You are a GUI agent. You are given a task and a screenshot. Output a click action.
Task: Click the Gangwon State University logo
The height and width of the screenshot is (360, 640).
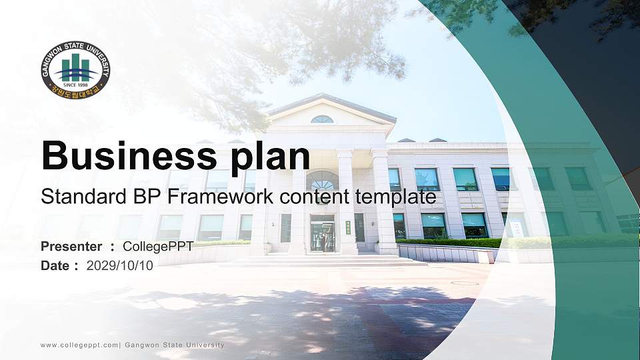[x=75, y=70]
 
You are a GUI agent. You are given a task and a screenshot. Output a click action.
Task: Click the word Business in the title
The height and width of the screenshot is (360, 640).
[x=129, y=155]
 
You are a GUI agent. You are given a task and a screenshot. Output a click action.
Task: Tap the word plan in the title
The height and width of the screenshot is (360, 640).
[x=271, y=158]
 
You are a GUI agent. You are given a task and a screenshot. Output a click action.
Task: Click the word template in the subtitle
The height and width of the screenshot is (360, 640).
[x=395, y=197]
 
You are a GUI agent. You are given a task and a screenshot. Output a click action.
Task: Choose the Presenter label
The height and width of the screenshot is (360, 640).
[x=71, y=247]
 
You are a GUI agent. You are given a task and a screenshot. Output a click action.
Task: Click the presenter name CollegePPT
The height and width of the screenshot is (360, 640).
[x=158, y=247]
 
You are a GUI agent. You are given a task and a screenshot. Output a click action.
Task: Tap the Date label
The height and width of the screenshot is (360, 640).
[x=55, y=266]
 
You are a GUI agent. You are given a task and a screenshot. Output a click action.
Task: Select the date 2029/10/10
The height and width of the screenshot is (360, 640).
[x=119, y=266]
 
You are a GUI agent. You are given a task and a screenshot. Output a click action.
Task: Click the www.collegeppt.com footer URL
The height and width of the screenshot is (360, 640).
[x=79, y=345]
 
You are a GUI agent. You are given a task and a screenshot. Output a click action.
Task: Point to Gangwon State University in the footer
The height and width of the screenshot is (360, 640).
[x=174, y=345]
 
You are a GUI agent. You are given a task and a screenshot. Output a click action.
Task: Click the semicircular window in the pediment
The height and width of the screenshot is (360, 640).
[x=322, y=119]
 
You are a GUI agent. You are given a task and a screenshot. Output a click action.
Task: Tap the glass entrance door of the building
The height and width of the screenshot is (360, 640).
[x=323, y=234]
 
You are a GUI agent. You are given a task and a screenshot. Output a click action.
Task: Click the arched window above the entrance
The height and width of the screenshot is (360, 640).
[x=323, y=180]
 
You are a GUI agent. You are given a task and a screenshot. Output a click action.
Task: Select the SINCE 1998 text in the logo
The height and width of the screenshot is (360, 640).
[x=75, y=85]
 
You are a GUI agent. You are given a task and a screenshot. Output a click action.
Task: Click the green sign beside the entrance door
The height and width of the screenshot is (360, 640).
[x=348, y=228]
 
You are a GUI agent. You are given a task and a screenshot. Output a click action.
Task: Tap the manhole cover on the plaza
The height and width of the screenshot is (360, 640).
[x=465, y=283]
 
